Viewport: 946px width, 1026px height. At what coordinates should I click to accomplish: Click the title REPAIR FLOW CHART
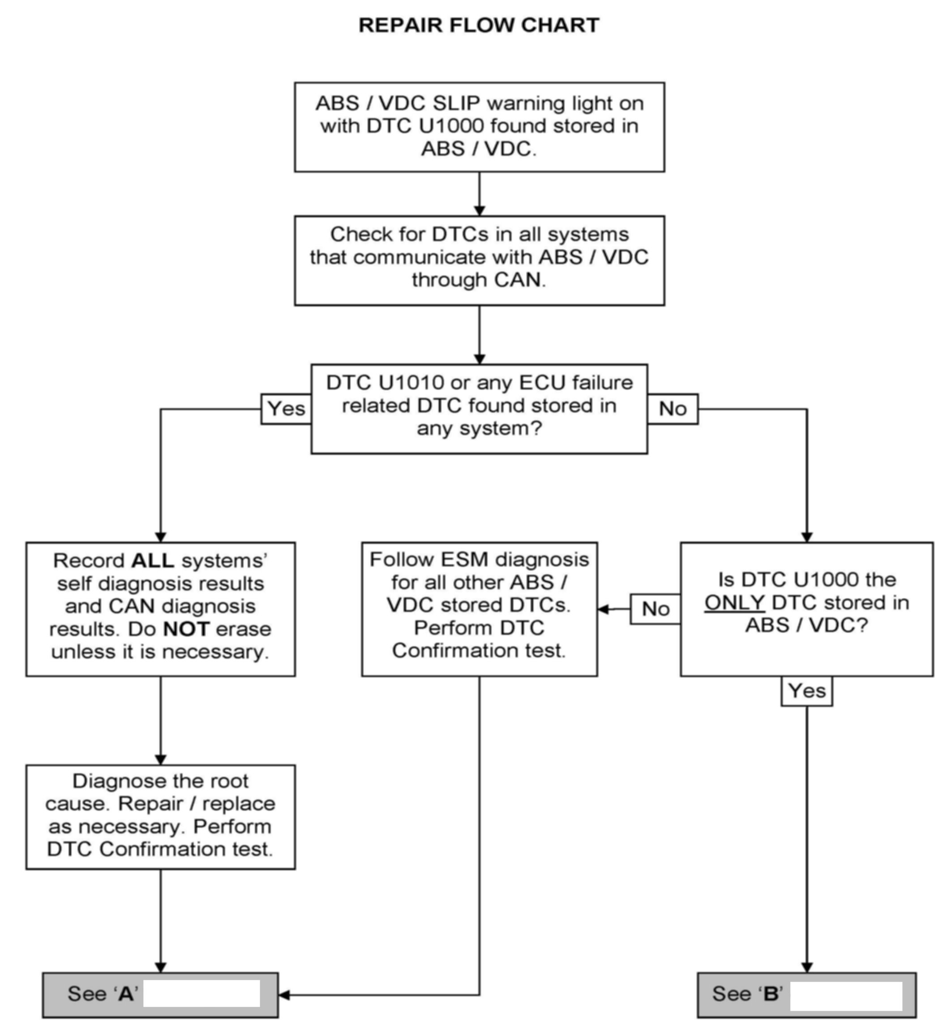pos(479,25)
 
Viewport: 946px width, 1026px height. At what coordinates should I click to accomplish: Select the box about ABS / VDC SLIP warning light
pos(479,127)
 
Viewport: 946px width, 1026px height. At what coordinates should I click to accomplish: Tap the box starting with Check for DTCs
pos(479,261)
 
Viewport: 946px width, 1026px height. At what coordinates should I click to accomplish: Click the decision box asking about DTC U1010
pos(479,409)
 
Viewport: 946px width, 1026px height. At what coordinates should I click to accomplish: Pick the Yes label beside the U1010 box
pos(286,409)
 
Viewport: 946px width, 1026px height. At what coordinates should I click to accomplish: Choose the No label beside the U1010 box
pos(672,409)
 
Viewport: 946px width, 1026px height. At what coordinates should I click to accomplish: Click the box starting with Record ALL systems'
pos(161,609)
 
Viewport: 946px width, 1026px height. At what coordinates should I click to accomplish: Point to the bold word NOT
pos(186,629)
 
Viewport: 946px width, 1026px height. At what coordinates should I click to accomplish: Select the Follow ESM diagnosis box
pos(479,609)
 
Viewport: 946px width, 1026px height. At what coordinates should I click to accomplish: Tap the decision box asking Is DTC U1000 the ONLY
pos(807,609)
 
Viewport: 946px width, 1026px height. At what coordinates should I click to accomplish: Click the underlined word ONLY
pos(735,603)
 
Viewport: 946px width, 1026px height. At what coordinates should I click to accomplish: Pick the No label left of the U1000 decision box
pos(656,609)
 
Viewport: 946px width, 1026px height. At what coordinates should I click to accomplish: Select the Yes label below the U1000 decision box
pos(807,691)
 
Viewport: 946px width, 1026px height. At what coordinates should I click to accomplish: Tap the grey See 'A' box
pos(161,995)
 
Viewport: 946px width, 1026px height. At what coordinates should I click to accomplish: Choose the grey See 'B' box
pos(807,995)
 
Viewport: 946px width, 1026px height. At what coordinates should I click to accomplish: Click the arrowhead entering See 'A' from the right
pos(285,995)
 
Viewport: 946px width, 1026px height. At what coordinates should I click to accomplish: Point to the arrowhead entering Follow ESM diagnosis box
pos(604,609)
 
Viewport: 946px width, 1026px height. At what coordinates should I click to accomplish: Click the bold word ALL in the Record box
pos(153,561)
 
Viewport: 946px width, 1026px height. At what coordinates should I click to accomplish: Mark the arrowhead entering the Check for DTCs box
pos(479,210)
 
